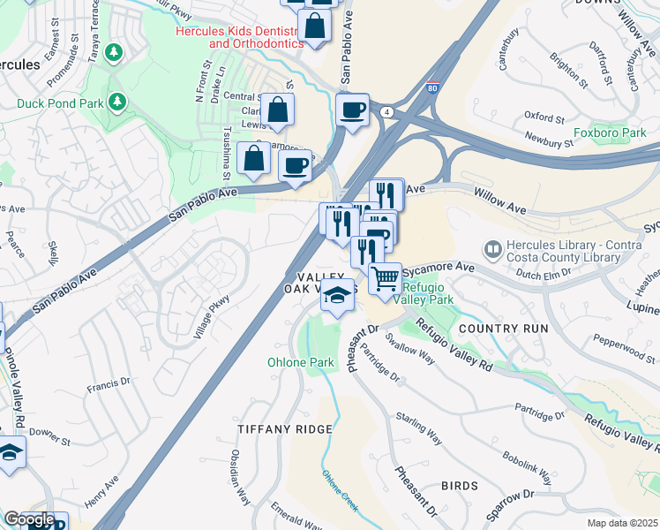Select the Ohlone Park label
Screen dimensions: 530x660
301,362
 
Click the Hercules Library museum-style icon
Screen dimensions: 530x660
492,250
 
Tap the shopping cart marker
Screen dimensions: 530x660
385,279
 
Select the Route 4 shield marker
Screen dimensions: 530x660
386,112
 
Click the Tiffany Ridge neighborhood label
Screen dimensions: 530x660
285,428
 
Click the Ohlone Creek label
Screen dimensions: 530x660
340,491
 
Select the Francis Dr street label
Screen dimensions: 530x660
109,383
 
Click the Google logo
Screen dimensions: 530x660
29,519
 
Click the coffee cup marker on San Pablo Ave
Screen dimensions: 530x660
352,110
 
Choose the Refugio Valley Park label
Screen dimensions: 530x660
428,293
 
